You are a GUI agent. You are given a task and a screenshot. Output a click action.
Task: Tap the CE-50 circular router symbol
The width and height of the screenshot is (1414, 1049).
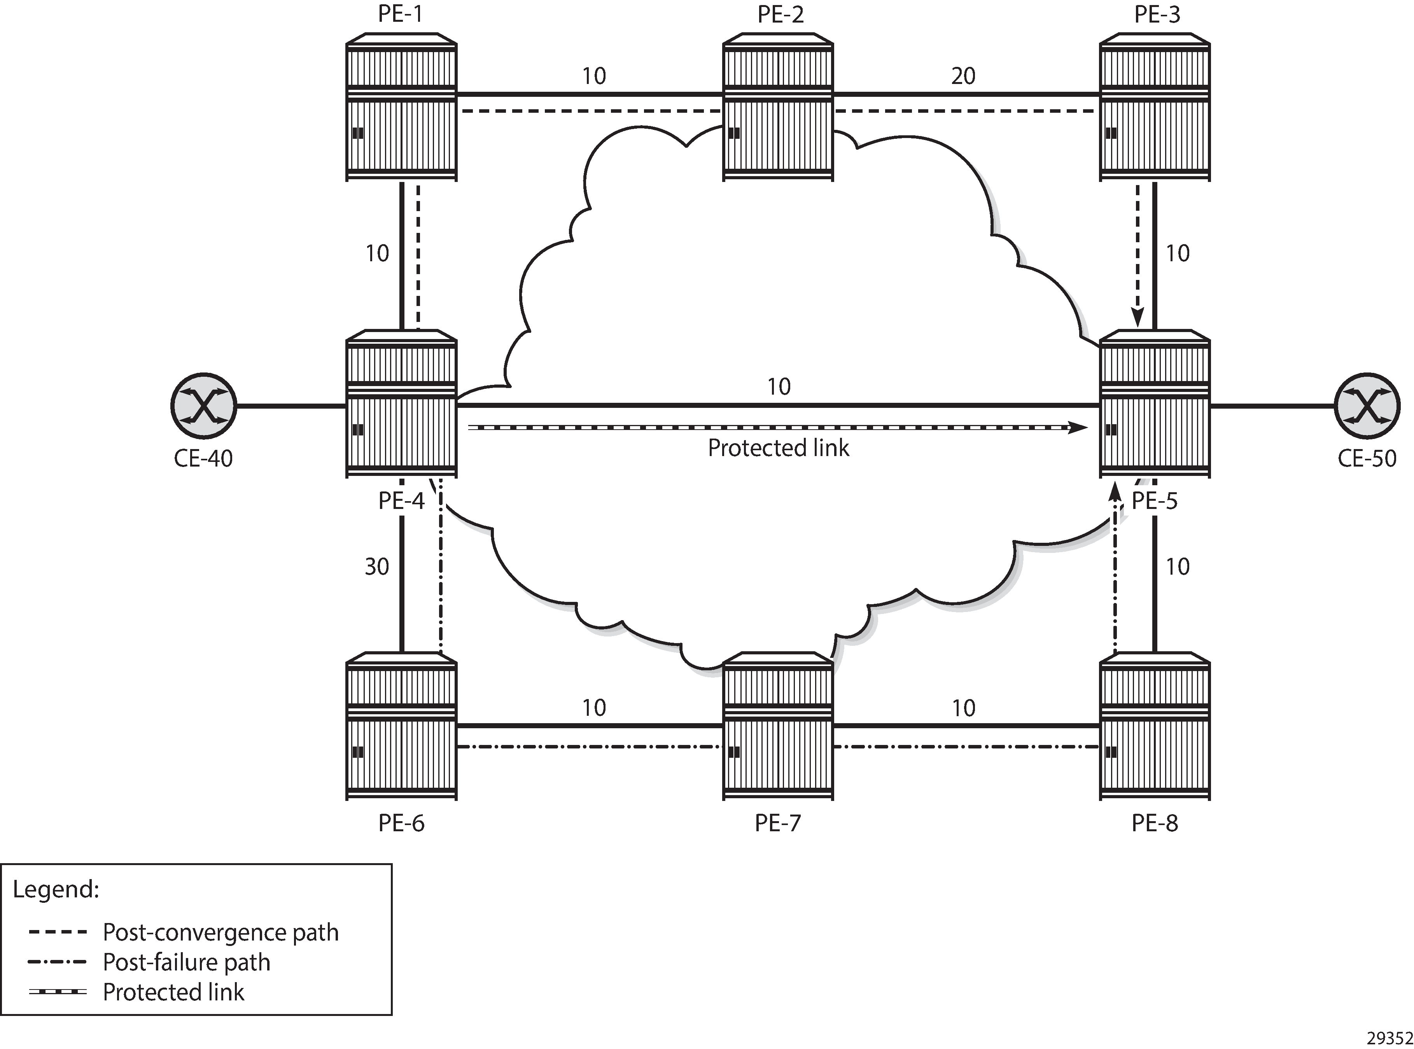click(1367, 405)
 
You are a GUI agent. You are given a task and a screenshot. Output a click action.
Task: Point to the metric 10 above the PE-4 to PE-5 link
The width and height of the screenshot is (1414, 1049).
click(779, 387)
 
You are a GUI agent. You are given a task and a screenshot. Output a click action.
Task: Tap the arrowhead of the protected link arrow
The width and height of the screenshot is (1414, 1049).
click(1078, 427)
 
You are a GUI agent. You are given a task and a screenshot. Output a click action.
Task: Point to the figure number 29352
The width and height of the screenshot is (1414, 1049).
click(1389, 1038)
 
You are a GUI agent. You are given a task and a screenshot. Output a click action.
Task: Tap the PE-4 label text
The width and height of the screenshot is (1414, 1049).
click(401, 501)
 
